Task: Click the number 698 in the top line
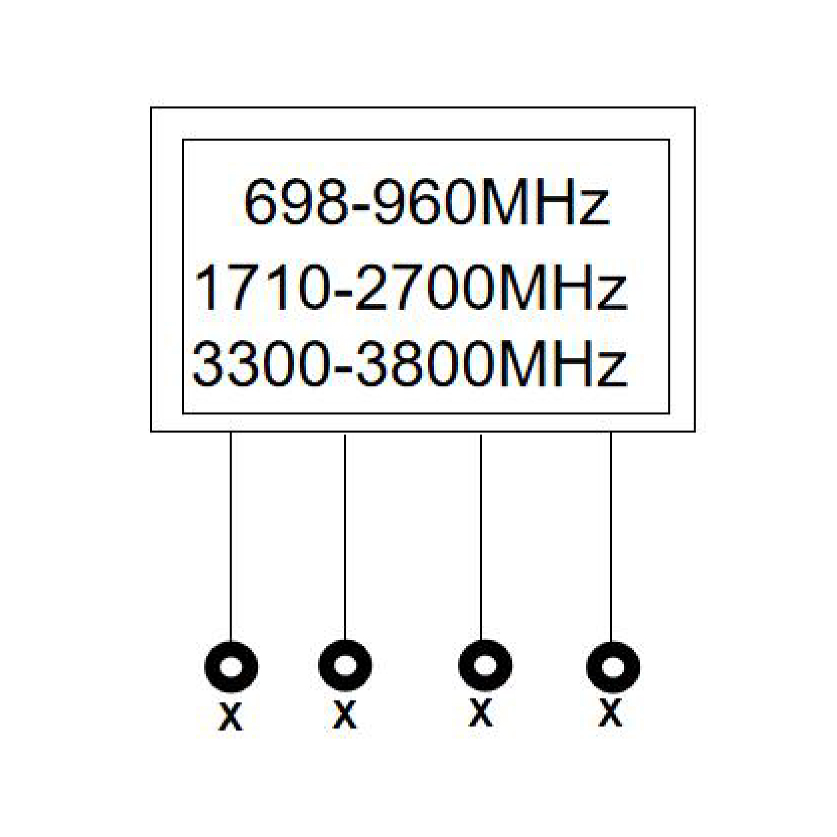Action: (x=296, y=202)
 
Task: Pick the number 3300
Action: (x=260, y=363)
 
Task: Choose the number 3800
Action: (x=424, y=363)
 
